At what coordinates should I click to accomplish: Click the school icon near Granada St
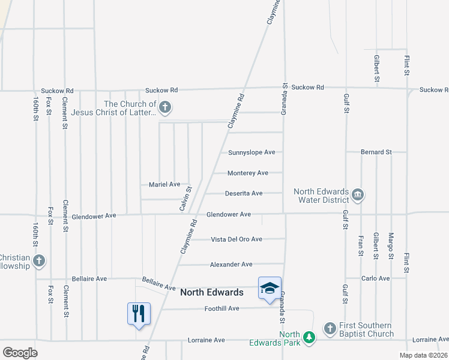pyautogui.click(x=270, y=288)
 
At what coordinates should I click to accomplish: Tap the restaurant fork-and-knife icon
pyautogui.click(x=139, y=313)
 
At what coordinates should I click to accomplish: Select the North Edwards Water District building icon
pyautogui.click(x=358, y=194)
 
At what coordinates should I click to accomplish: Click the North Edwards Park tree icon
pyautogui.click(x=309, y=338)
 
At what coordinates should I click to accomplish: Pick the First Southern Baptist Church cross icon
pyautogui.click(x=330, y=328)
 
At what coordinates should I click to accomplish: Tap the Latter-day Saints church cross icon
pyautogui.click(x=165, y=108)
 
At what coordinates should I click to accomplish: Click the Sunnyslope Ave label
pyautogui.click(x=252, y=152)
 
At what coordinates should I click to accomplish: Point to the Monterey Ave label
pyautogui.click(x=248, y=173)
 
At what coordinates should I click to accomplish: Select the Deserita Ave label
pyautogui.click(x=244, y=193)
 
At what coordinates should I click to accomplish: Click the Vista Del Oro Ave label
pyautogui.click(x=237, y=239)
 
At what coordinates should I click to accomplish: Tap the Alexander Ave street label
pyautogui.click(x=231, y=265)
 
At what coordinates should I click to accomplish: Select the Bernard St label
pyautogui.click(x=376, y=152)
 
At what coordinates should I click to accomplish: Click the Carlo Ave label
pyautogui.click(x=376, y=278)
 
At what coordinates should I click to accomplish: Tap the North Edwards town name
pyautogui.click(x=212, y=292)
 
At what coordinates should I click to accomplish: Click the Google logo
pyautogui.click(x=20, y=353)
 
